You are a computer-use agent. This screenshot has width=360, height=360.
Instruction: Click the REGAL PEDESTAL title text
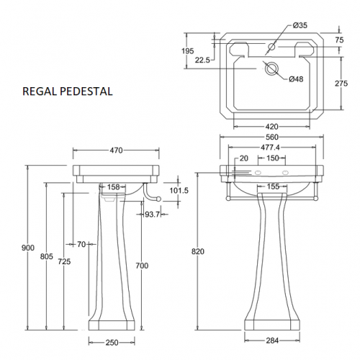tap(68, 91)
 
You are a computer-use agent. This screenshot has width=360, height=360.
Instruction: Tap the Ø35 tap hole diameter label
tap(300, 25)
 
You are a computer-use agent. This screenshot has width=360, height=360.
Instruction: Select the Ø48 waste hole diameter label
tap(296, 79)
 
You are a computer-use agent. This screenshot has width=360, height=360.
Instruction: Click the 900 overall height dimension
tap(28, 248)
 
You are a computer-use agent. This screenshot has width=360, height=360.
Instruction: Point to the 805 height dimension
tap(46, 256)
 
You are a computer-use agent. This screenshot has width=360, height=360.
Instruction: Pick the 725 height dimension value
tap(64, 261)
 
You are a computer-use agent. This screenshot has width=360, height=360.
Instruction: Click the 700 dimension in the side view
tap(142, 266)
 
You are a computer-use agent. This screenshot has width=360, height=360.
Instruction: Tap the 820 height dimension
tap(198, 251)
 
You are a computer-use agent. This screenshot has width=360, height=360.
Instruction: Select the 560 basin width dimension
tap(272, 137)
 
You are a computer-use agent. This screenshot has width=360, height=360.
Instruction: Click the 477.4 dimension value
tap(270, 148)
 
